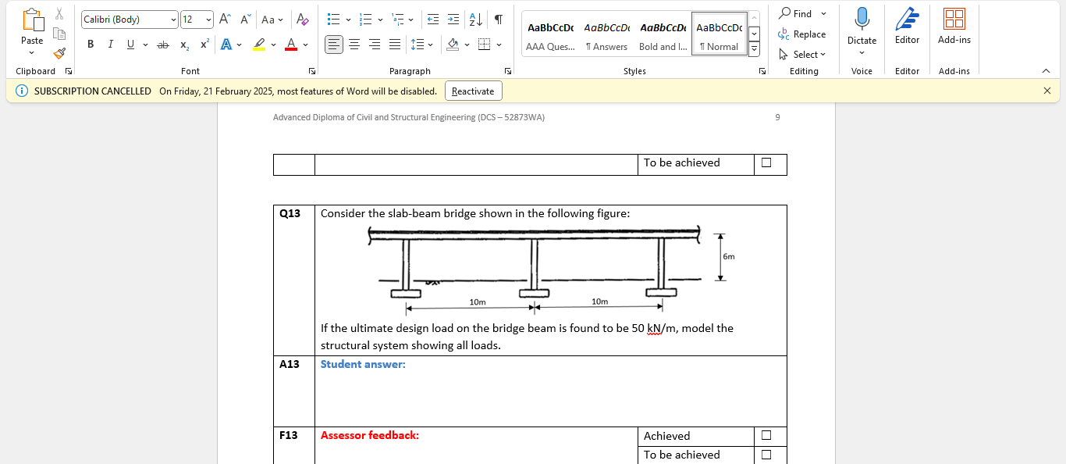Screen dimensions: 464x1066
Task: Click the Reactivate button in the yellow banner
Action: [x=473, y=91]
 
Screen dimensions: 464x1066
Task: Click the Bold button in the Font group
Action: [x=91, y=45]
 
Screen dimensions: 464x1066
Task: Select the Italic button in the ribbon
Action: [x=110, y=45]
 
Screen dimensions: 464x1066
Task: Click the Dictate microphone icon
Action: [x=862, y=20]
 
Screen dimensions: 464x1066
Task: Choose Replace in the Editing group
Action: [x=802, y=34]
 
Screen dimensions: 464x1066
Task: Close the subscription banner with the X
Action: [x=1047, y=91]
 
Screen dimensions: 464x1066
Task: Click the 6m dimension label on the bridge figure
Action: [x=728, y=256]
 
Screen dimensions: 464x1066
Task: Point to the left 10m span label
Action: [x=478, y=302]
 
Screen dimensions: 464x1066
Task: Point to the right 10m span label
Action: [x=599, y=302]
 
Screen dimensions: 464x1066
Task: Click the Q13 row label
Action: [x=290, y=213]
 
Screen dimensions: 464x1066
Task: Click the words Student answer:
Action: [x=363, y=364]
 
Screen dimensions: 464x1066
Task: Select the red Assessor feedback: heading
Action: [x=370, y=435]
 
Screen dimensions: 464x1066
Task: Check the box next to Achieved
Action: [x=766, y=435]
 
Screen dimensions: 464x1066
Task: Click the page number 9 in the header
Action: [x=777, y=117]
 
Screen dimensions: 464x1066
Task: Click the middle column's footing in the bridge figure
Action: [x=535, y=293]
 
